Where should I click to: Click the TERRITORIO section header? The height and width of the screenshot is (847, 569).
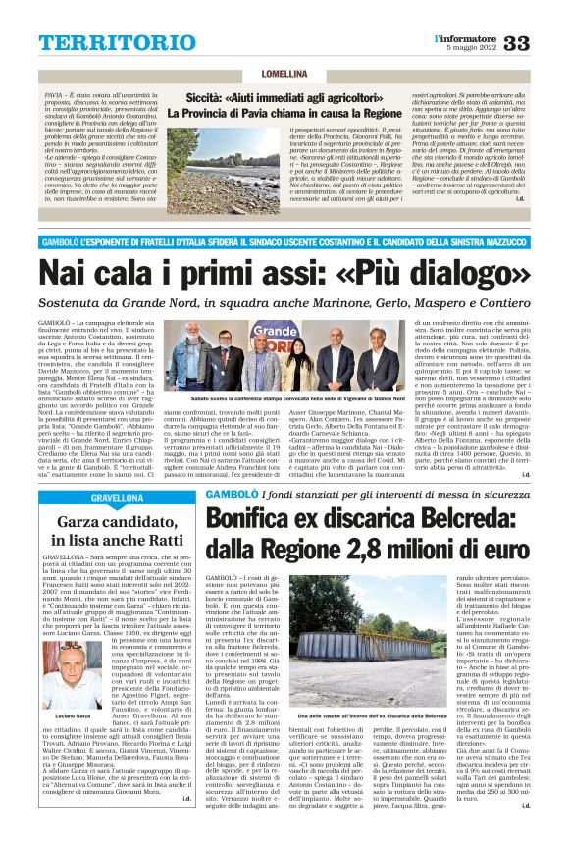coord(105,44)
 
